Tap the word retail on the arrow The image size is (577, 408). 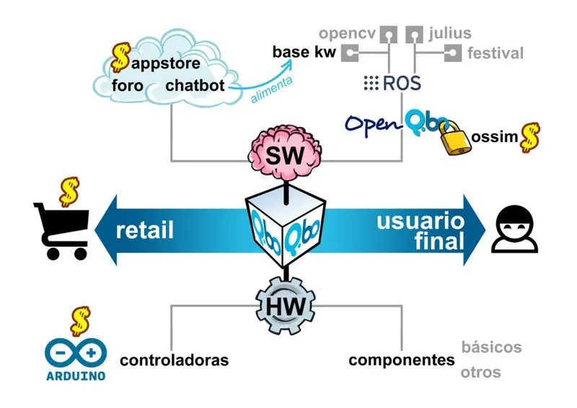pyautogui.click(x=145, y=231)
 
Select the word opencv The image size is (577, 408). pyautogui.click(x=348, y=33)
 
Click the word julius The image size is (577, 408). pyautogui.click(x=449, y=33)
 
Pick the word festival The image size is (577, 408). pyautogui.click(x=495, y=53)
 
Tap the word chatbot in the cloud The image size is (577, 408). pyautogui.click(x=195, y=86)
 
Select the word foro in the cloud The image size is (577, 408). pyautogui.click(x=131, y=86)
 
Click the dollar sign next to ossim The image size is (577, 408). pyautogui.click(x=531, y=136)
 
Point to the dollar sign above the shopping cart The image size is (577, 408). pyautogui.click(x=69, y=191)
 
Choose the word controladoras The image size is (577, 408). pyautogui.click(x=174, y=360)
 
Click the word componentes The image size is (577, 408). pyautogui.click(x=402, y=360)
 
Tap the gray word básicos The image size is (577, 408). pyautogui.click(x=490, y=347)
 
